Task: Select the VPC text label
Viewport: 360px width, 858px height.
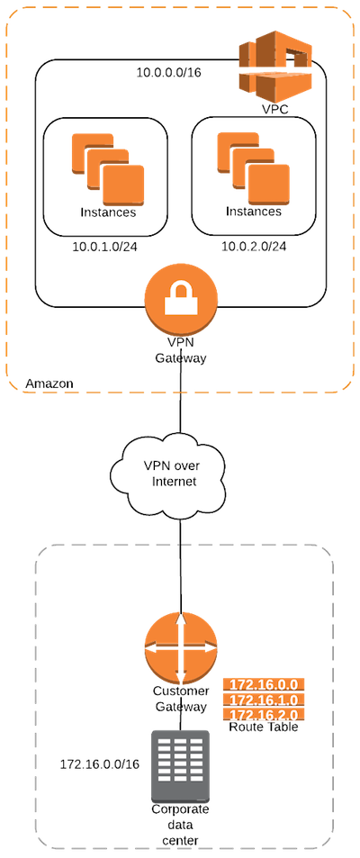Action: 274,109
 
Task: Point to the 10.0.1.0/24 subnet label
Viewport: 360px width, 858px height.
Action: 105,247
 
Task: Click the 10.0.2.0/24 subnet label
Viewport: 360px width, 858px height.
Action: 254,247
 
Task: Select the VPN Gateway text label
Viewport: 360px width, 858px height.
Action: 181,351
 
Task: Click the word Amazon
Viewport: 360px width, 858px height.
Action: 49,383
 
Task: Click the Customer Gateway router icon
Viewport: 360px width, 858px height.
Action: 181,648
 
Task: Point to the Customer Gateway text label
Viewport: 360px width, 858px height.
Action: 181,699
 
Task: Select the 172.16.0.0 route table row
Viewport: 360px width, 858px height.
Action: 264,685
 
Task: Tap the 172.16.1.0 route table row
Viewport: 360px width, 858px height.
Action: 264,700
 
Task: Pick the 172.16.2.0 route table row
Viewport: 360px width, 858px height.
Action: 264,715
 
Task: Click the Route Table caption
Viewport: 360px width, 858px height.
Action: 264,727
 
